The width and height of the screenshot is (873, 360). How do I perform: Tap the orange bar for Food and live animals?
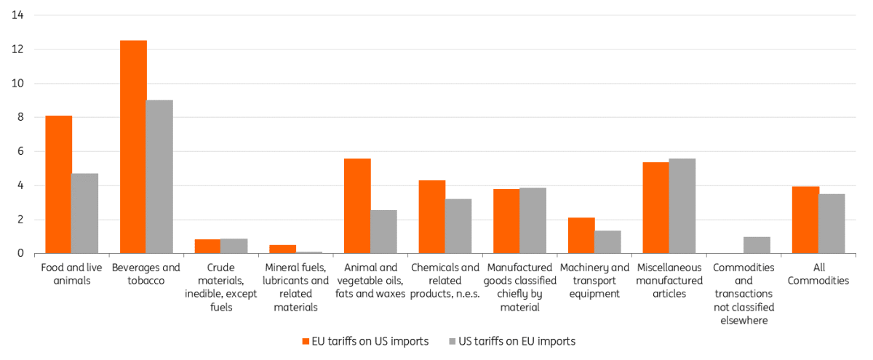pyautogui.click(x=58, y=185)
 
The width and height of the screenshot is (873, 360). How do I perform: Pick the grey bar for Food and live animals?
pyautogui.click(x=84, y=214)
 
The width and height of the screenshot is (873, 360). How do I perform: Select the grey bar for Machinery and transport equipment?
pyautogui.click(x=607, y=242)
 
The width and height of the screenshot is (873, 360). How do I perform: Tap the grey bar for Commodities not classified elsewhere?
pyautogui.click(x=757, y=245)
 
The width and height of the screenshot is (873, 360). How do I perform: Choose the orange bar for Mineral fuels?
pyautogui.click(x=282, y=249)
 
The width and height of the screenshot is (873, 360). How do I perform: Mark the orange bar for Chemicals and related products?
pyautogui.click(x=432, y=217)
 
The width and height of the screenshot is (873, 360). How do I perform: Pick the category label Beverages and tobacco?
pyautogui.click(x=146, y=274)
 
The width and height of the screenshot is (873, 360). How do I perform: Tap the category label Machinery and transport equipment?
pyautogui.click(x=594, y=281)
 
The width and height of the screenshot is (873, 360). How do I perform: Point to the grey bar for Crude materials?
pyautogui.click(x=234, y=246)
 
